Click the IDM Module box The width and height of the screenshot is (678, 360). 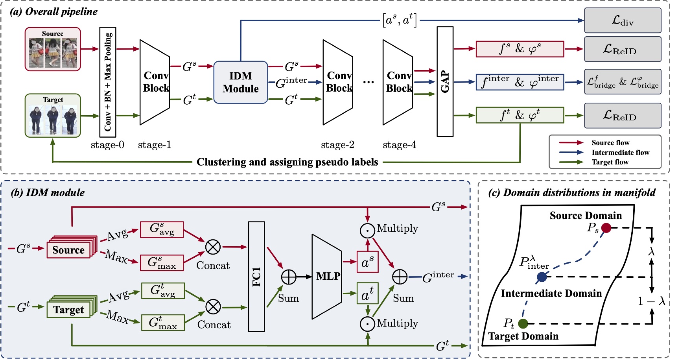[x=241, y=82]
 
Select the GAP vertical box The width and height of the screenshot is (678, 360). [x=445, y=82]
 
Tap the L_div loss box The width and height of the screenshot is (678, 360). [x=623, y=20]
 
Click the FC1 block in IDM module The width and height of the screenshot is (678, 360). [x=256, y=277]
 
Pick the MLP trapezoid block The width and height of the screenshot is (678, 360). [x=327, y=277]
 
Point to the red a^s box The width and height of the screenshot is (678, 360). [x=367, y=262]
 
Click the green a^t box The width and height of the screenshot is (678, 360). [x=367, y=294]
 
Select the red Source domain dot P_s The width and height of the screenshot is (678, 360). [x=606, y=228]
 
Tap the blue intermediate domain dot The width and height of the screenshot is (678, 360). [x=542, y=277]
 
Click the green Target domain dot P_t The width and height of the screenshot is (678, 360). [x=523, y=323]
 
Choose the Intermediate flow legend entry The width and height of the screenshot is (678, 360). [x=620, y=153]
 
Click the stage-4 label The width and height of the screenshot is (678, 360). [x=399, y=145]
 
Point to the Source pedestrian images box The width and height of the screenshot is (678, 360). [x=53, y=49]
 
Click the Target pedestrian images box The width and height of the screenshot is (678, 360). [x=53, y=116]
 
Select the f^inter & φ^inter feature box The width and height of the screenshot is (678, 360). [x=520, y=82]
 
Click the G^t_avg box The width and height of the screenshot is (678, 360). [x=162, y=291]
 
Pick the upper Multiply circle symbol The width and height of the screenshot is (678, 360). [x=367, y=231]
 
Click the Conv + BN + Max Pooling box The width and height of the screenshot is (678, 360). [x=107, y=82]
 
